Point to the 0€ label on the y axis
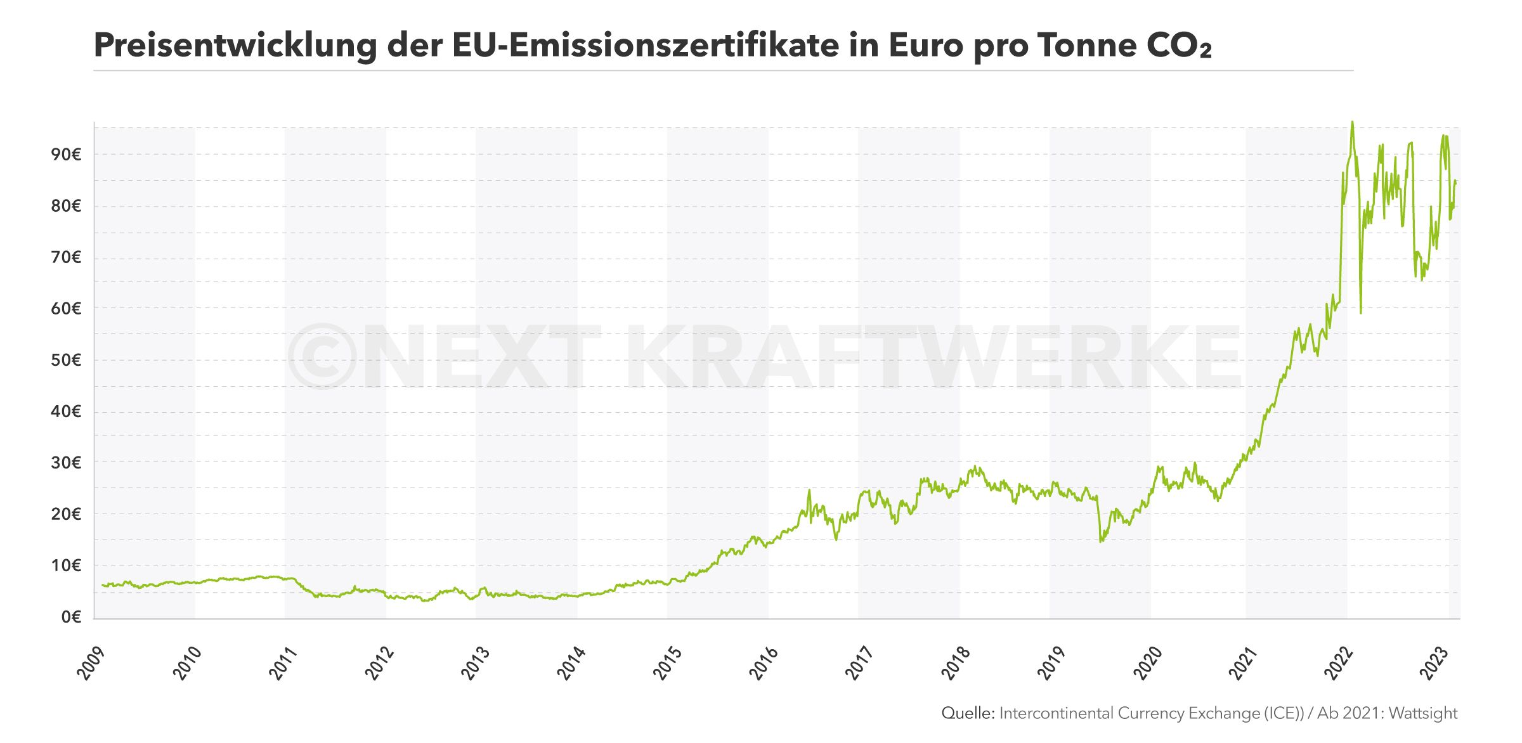coord(71,617)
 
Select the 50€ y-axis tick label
coord(66,360)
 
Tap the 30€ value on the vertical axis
coord(66,463)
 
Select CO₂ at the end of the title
coord(1179,46)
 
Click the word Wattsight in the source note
coord(1423,713)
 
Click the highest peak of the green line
coord(1352,122)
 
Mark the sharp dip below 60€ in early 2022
coord(1361,313)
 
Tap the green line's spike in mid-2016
coord(809,490)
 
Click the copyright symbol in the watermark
coord(322,356)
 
